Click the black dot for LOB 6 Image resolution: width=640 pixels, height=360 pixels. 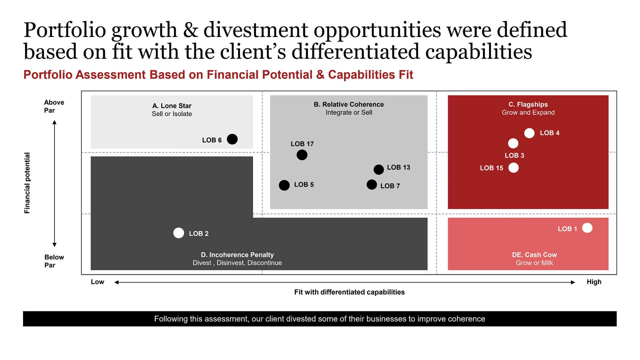click(232, 139)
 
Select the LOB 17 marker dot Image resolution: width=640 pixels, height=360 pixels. click(302, 155)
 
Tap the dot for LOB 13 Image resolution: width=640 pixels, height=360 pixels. click(379, 169)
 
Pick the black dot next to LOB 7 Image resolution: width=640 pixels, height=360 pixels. click(372, 184)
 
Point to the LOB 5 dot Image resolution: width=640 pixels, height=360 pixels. click(284, 185)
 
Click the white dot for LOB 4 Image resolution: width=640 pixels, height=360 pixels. click(529, 133)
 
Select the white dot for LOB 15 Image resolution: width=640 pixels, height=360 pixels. click(514, 168)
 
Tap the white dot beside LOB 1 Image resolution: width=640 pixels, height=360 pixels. click(587, 228)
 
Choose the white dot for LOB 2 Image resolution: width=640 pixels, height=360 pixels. click(179, 233)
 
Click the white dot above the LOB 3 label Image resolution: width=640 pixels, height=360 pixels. click(513, 143)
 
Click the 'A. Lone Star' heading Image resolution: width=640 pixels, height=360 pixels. click(172, 106)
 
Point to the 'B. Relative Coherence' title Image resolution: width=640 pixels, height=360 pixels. click(349, 104)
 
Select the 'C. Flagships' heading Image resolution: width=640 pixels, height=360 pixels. click(528, 104)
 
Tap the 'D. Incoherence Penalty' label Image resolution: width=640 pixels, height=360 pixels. click(237, 255)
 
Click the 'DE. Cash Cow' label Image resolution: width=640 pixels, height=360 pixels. click(535, 255)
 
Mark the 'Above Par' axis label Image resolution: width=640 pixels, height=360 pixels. click(54, 106)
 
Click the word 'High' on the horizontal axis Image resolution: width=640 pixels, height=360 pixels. click(594, 282)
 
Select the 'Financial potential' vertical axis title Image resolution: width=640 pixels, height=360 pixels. click(27, 183)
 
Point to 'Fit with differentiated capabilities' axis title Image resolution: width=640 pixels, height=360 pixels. click(349, 292)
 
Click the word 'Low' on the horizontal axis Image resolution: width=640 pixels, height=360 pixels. click(98, 282)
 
